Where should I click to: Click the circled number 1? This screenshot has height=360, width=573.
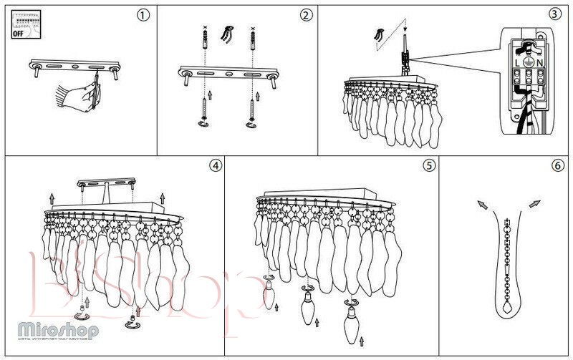tap(145, 15)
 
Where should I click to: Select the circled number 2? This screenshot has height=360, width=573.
tap(306, 15)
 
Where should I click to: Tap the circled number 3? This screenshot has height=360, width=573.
tap(555, 14)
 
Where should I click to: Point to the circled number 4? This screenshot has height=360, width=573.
tap(214, 165)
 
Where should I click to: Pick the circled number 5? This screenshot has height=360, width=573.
tap(428, 165)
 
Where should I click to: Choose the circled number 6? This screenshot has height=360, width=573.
tap(558, 165)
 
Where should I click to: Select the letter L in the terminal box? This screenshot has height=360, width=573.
tap(517, 64)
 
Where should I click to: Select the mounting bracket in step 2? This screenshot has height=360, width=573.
tap(227, 72)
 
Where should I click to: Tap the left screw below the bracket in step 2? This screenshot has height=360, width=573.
tap(203, 110)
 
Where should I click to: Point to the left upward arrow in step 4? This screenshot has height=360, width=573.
tap(52, 196)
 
